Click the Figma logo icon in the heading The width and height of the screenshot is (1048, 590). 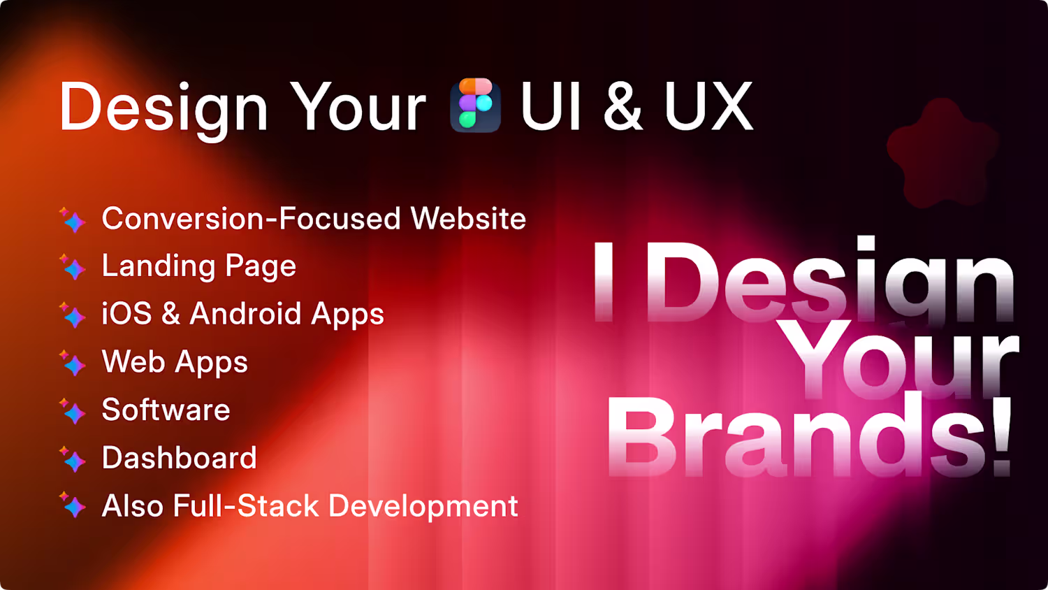(x=475, y=105)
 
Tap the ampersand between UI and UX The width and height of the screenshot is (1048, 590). (x=623, y=106)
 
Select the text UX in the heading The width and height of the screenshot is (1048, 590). (x=709, y=106)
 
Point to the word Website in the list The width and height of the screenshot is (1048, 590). (x=468, y=218)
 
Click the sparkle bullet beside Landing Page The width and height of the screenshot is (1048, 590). (x=73, y=267)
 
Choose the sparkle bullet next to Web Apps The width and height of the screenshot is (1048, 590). (x=73, y=364)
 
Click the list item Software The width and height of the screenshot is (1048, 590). (x=166, y=410)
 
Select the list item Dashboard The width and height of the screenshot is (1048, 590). (x=179, y=457)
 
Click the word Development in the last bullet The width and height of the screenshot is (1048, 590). (x=423, y=507)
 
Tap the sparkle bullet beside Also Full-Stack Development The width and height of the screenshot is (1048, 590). (x=73, y=505)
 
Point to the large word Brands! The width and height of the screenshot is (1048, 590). (x=810, y=436)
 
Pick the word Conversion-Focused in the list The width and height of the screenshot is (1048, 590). (x=252, y=218)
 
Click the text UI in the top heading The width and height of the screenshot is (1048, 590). (x=551, y=106)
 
